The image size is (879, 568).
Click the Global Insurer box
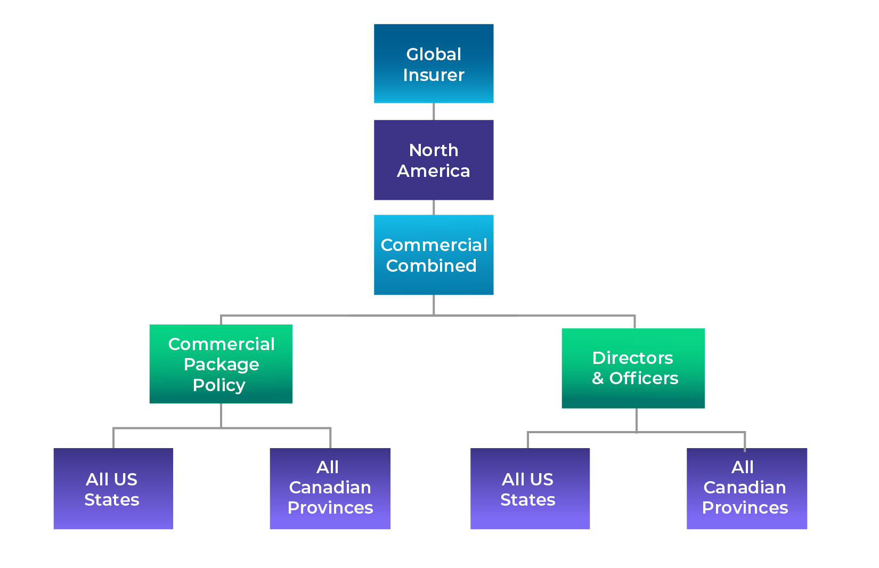[433, 63]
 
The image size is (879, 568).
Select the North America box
[433, 160]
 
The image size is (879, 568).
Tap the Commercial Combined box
[433, 255]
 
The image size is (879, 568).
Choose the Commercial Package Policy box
[221, 364]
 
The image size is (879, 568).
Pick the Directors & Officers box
[633, 368]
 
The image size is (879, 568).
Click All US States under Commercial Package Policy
[113, 489]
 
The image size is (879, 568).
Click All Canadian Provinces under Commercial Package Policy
[330, 489]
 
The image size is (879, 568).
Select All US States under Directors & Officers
[530, 489]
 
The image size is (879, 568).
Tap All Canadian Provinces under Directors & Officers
[746, 489]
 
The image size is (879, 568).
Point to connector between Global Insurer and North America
[433, 111]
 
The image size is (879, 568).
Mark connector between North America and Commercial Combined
[433, 207]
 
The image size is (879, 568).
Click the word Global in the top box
[434, 54]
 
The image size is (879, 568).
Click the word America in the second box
[433, 171]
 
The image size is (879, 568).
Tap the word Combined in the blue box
[431, 265]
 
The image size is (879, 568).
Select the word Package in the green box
[221, 364]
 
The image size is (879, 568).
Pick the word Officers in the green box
[644, 378]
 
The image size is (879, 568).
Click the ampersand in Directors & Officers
[598, 378]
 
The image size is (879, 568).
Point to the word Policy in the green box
[219, 385]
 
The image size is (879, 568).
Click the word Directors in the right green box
[632, 358]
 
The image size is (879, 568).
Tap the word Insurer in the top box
[433, 75]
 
